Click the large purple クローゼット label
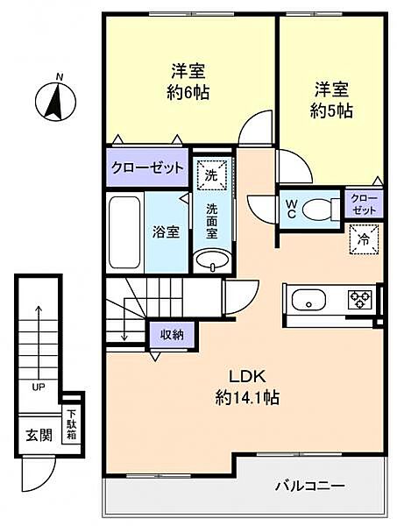[147, 167]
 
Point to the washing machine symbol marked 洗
[210, 174]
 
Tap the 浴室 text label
[167, 232]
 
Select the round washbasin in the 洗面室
[211, 260]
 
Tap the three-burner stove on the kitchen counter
[358, 300]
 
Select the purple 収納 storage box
[171, 333]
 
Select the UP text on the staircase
[39, 386]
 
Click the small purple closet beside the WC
[364, 205]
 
